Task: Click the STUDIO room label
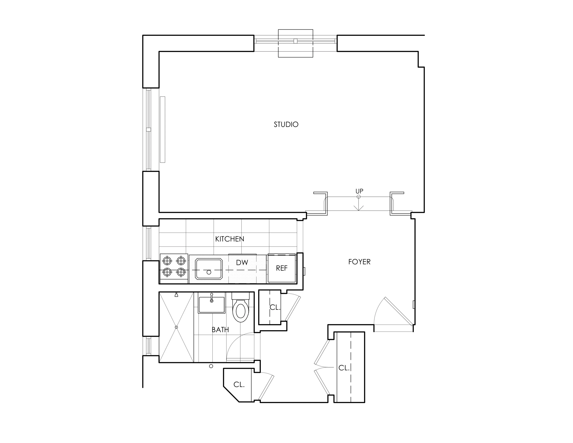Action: (286, 124)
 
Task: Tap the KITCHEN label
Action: (230, 239)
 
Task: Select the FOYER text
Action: (359, 262)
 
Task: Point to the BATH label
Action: (220, 330)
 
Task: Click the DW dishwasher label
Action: (242, 262)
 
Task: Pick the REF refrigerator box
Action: (281, 268)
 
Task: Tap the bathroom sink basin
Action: (211, 305)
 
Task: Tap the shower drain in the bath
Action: (176, 327)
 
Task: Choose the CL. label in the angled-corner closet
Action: (239, 385)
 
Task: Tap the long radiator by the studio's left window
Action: (162, 129)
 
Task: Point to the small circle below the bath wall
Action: (211, 366)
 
